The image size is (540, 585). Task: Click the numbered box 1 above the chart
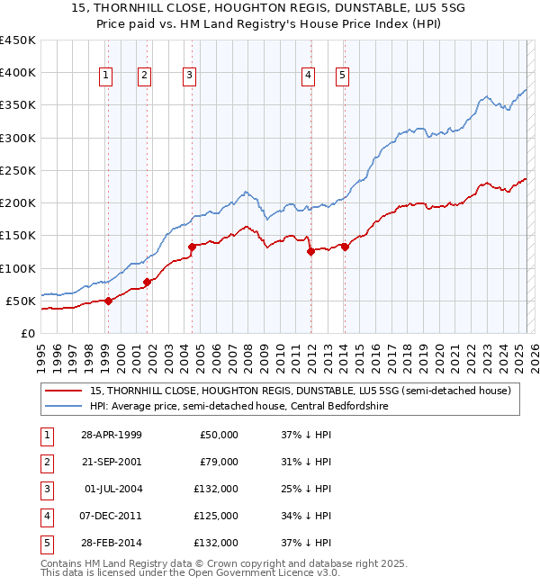click(107, 76)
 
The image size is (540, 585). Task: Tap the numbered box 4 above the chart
click(308, 76)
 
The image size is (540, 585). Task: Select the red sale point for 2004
click(192, 247)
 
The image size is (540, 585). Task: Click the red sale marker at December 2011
click(310, 252)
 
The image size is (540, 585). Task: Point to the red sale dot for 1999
click(108, 301)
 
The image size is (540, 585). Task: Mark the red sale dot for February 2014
click(345, 247)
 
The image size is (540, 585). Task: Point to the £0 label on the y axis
click(28, 333)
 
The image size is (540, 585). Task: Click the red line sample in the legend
click(63, 391)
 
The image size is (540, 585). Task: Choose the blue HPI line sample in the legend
click(63, 406)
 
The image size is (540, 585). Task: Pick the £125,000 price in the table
click(219, 516)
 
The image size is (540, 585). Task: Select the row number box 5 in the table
click(46, 543)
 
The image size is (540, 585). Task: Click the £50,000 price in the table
click(220, 435)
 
